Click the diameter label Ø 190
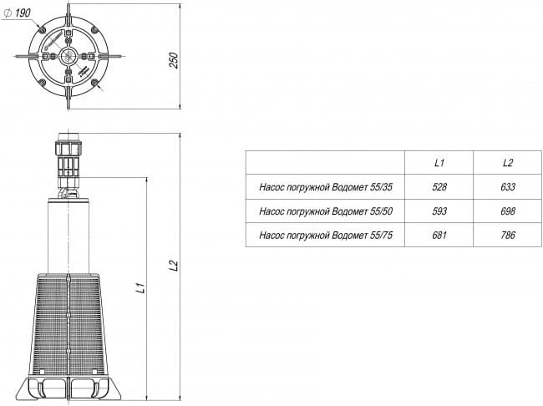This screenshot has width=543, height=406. click(x=17, y=13)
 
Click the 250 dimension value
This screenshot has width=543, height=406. click(x=174, y=60)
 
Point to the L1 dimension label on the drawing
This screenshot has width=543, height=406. click(x=140, y=288)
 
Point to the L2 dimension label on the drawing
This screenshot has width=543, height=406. click(x=174, y=266)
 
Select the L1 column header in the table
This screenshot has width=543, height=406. click(x=439, y=162)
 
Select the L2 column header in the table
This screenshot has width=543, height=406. click(x=508, y=162)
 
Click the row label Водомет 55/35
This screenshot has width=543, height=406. click(x=326, y=187)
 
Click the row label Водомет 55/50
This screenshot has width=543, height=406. click(x=326, y=211)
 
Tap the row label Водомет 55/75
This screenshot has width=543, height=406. click(x=326, y=236)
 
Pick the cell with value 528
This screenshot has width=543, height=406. click(x=439, y=187)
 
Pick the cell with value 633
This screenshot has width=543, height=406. click(x=508, y=187)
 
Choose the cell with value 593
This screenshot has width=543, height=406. click(x=439, y=211)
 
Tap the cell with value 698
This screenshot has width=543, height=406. click(x=508, y=211)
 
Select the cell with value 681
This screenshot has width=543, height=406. click(x=439, y=236)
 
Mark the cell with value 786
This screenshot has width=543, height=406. click(x=508, y=236)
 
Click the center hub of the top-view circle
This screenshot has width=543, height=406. click(x=69, y=56)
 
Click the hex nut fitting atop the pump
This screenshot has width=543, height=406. click(x=69, y=148)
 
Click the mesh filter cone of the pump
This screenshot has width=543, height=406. click(x=69, y=325)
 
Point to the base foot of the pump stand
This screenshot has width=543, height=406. click(x=69, y=388)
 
